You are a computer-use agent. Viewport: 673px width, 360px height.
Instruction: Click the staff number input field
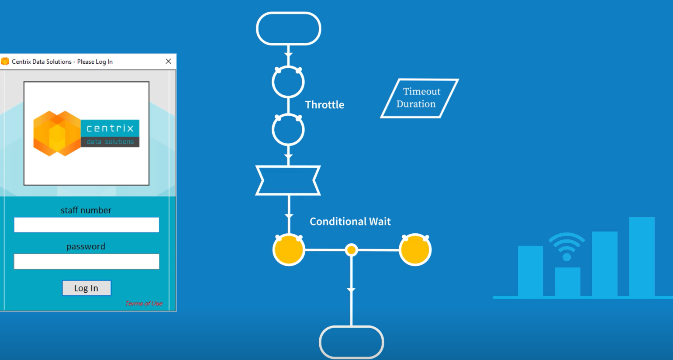point(86,225)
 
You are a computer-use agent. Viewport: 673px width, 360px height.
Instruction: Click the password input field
point(86,262)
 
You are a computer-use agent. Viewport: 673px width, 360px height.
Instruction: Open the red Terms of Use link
point(144,303)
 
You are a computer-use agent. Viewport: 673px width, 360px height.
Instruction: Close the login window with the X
point(168,62)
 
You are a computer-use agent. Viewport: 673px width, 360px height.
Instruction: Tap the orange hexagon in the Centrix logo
point(56,133)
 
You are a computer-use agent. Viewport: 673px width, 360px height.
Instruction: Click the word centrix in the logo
point(110,128)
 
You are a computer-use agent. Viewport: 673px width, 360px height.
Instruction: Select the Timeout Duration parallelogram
point(419,98)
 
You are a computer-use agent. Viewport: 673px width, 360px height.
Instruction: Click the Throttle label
point(324,105)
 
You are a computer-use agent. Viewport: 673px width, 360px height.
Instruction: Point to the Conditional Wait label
point(350,222)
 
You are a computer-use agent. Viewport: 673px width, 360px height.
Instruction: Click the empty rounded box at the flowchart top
point(288,29)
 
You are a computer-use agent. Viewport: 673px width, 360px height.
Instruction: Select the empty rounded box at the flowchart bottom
point(352,343)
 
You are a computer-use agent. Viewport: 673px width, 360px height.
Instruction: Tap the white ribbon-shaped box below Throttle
point(288,180)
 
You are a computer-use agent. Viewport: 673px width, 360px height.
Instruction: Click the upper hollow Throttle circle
point(288,82)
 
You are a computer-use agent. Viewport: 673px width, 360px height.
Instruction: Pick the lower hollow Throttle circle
point(288,130)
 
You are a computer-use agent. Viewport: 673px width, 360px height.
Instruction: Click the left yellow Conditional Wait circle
point(289,250)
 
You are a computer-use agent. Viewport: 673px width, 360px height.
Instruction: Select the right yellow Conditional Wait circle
point(415,250)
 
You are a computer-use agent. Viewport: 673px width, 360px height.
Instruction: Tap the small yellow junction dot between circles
point(351,250)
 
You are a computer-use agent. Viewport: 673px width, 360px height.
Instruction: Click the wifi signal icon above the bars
point(566,247)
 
